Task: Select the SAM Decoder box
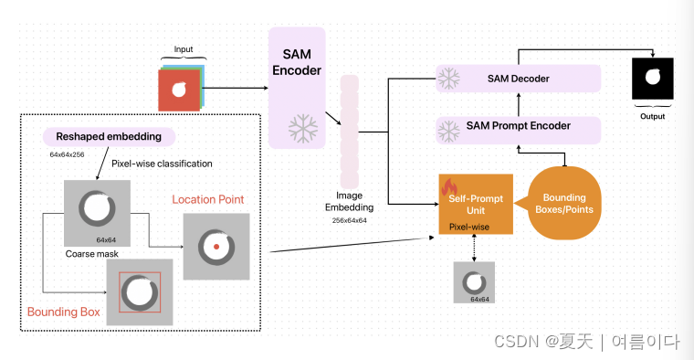click(518, 79)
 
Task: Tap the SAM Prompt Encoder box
click(518, 125)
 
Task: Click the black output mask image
click(652, 79)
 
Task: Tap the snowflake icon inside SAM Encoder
click(300, 129)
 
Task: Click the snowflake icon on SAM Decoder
click(449, 79)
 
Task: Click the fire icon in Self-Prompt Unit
click(450, 188)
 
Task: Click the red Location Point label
click(208, 199)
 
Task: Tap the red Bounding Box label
click(63, 312)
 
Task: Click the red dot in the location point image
click(215, 247)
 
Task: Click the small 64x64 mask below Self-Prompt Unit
click(474, 282)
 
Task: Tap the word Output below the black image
click(652, 117)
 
